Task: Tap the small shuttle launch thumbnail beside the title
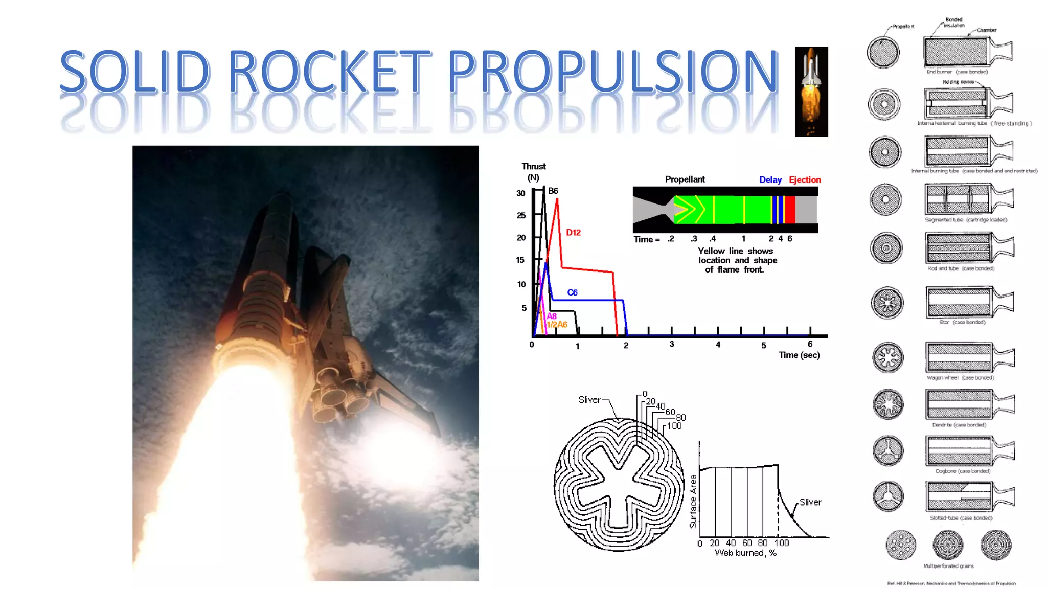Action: coord(811,92)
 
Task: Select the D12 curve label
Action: coord(573,233)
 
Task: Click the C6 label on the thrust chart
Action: coord(572,292)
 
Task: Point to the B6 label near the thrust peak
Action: coord(553,191)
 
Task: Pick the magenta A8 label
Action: coord(552,316)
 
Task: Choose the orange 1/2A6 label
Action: coord(557,325)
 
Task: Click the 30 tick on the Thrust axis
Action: coord(520,193)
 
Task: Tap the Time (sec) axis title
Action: coord(799,355)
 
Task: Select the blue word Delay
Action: coord(770,180)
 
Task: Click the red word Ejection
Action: coord(805,180)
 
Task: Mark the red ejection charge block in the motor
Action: coord(790,210)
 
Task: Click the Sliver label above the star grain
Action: coord(589,400)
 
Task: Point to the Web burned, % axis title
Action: coord(745,553)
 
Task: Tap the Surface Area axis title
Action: coord(693,501)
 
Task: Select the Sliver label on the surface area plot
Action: coord(810,503)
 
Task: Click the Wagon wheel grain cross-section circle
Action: coord(888,357)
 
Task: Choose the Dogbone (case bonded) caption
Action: coord(963,471)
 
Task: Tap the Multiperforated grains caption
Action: coord(948,566)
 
